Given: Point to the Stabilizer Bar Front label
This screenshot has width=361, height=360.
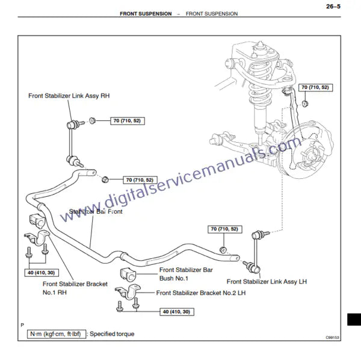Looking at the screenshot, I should pyautogui.click(x=96, y=212).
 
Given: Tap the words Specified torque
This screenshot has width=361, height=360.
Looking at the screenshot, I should pyautogui.click(x=113, y=334).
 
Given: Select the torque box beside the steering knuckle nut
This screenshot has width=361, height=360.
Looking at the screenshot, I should pyautogui.click(x=316, y=88).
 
